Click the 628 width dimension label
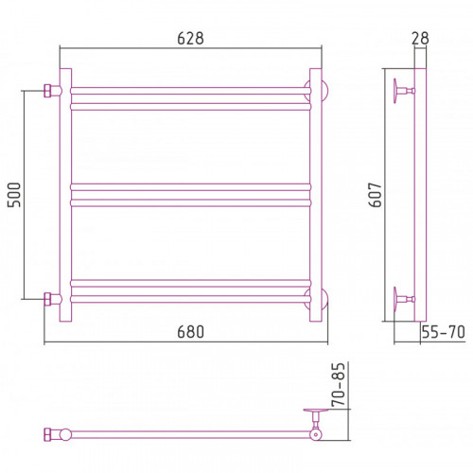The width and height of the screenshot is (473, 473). pos(190,39)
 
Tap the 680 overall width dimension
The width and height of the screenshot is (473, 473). pos(190,332)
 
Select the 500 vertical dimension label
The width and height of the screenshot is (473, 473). pos(14,195)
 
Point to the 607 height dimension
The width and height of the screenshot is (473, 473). pos(376,195)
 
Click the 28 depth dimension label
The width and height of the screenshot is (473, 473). pos(420,39)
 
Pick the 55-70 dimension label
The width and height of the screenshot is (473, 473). pos(444,332)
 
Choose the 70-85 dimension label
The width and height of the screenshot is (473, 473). pos(339,384)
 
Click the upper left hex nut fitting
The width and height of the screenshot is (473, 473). pos(48,91)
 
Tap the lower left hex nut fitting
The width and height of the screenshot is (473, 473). pos(48,299)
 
